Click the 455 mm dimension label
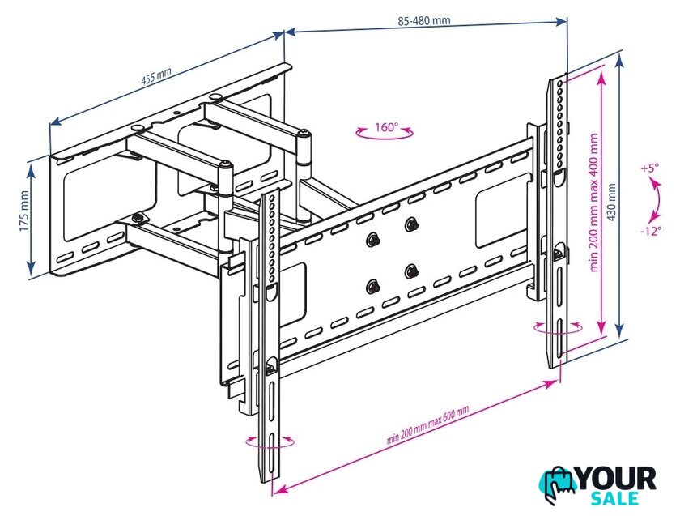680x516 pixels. (156, 76)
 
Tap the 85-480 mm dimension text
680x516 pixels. (423, 20)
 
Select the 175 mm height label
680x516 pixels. (23, 211)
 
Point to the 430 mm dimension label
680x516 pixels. (611, 203)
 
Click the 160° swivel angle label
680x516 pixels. (386, 127)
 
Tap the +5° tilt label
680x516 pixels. (649, 168)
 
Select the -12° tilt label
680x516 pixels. (652, 231)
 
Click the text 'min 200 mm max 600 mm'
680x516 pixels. (427, 424)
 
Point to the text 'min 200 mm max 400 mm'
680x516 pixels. (593, 203)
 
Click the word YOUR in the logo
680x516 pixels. (616, 479)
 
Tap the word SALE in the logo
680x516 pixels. (614, 499)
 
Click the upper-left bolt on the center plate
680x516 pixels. (372, 240)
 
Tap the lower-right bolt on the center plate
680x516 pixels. (410, 272)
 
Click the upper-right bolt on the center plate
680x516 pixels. (410, 224)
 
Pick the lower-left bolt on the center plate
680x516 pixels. (372, 287)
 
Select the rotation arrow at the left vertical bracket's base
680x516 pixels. (270, 445)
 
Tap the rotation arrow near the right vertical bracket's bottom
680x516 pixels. (559, 331)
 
